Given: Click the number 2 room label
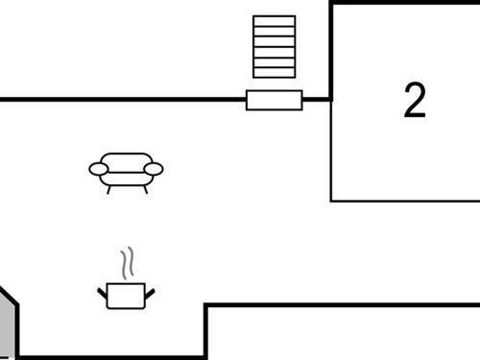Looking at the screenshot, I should point(415,101).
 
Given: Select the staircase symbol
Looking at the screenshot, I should point(274,46).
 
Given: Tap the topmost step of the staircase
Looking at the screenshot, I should point(274,20).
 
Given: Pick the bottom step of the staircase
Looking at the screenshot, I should point(274,72).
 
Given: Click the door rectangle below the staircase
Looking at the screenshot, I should point(274,100).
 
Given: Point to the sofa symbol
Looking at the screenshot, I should point(126,171).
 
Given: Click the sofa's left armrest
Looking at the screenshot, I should point(99,170).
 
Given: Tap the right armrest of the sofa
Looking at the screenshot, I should point(154,170).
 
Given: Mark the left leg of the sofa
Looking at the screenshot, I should point(108,189).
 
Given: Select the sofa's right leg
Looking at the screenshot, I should point(145,189).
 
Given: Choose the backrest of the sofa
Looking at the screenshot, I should point(126,160).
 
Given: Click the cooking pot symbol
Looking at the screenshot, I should point(126,288).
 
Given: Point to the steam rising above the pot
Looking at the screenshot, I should point(127,264).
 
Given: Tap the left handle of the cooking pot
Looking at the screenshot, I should point(103,292).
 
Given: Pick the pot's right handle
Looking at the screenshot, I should point(149,292).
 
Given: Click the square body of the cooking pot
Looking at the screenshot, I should point(126,296).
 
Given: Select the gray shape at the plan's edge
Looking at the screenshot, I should point(8,326).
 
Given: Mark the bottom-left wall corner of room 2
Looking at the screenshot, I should point(331,201).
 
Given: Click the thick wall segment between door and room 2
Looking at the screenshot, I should point(317,99).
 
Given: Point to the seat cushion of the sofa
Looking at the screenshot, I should point(126,178).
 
